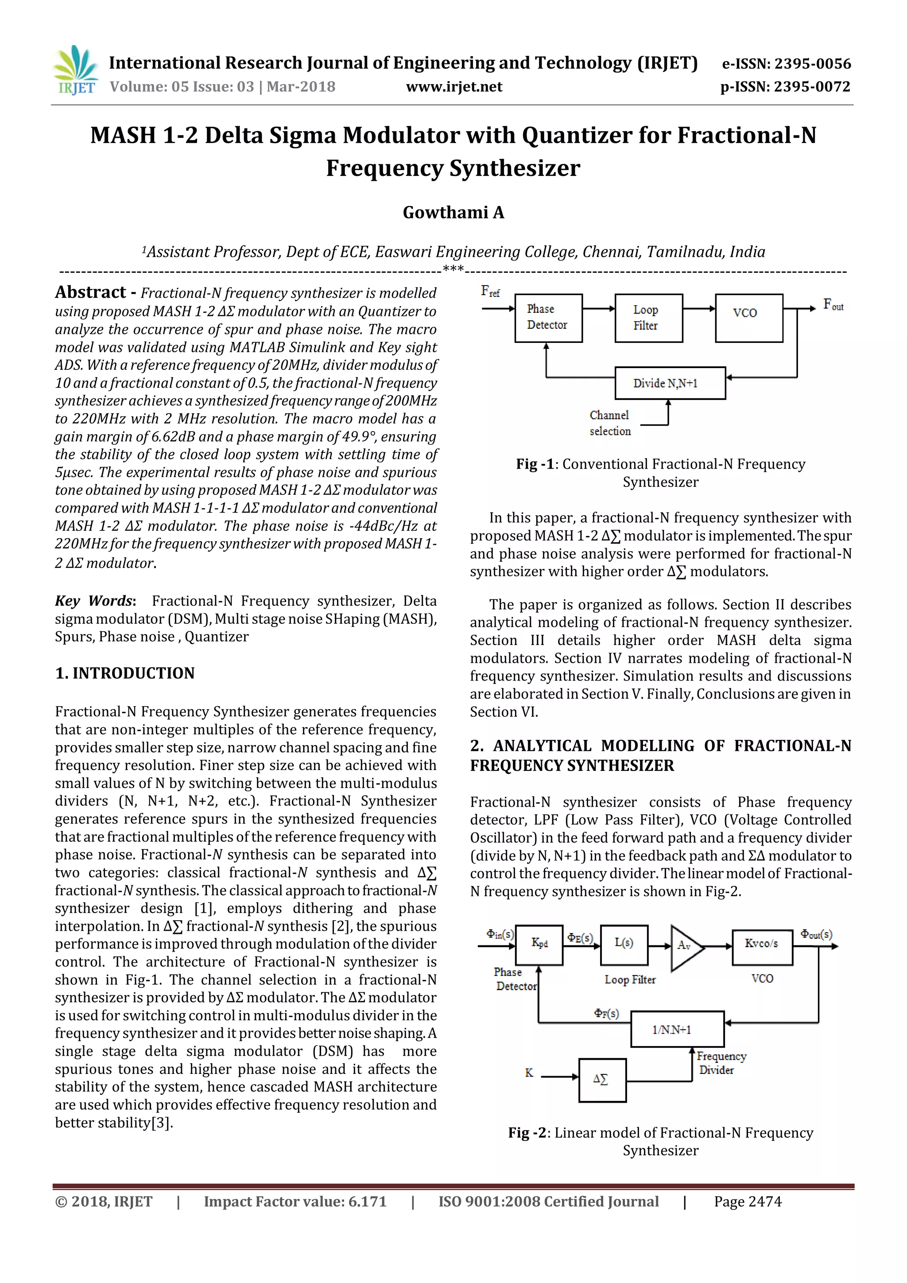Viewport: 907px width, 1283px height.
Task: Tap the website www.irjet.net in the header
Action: pos(453,87)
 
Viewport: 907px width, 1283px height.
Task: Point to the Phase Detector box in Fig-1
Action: pos(548,317)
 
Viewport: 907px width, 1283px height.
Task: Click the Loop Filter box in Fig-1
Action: pos(648,317)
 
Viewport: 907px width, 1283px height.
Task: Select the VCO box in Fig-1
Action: pos(748,317)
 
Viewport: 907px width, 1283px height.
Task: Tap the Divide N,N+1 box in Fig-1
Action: pos(670,383)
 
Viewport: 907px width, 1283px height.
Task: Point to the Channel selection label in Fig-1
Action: pos(610,423)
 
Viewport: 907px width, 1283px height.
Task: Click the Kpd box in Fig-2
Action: pos(539,945)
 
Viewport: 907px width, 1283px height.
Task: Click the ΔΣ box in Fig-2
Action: pos(601,1080)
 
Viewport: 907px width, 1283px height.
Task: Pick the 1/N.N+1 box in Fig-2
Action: pos(677,1029)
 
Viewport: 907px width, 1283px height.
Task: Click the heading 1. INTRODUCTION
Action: pos(125,673)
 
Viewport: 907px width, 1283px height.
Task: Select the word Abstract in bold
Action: pos(90,292)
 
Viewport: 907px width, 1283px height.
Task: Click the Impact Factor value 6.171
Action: pos(367,1201)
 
